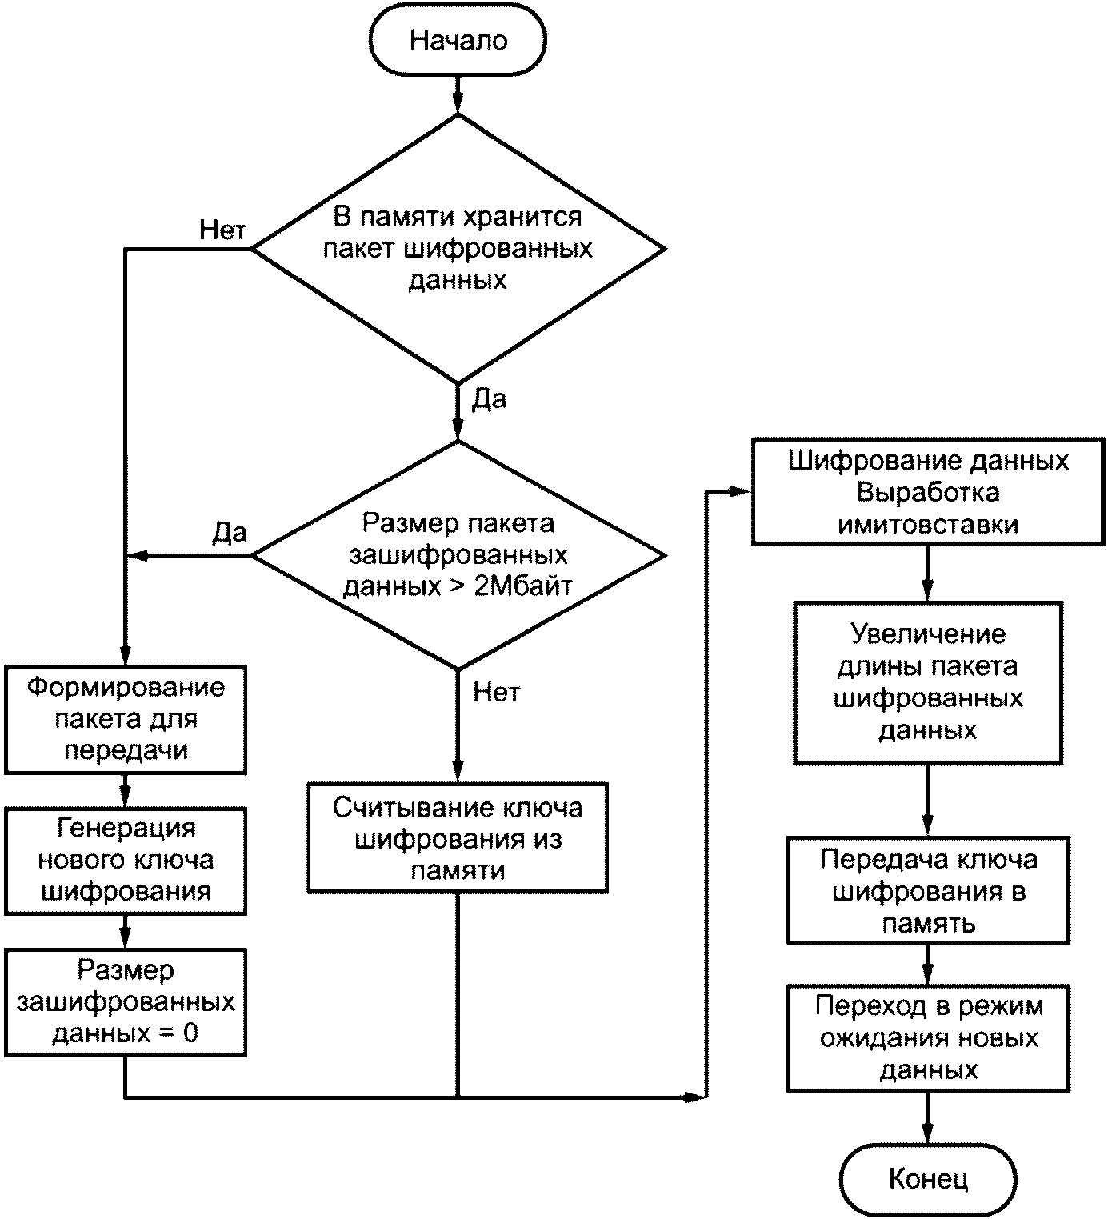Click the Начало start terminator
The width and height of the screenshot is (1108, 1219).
click(458, 40)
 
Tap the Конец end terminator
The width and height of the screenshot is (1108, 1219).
click(927, 1179)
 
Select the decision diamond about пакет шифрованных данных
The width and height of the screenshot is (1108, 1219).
click(458, 249)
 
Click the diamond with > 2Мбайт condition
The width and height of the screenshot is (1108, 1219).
click(458, 555)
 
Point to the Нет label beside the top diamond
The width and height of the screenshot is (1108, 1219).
click(222, 230)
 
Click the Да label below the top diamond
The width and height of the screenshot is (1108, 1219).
click(490, 398)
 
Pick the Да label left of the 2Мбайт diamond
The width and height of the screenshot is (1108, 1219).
click(230, 533)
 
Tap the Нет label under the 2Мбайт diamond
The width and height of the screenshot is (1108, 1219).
click(497, 692)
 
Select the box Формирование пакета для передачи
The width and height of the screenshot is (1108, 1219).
click(126, 720)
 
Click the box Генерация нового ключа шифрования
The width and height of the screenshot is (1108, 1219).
click(126, 861)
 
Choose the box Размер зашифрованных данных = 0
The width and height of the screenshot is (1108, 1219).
click(126, 1003)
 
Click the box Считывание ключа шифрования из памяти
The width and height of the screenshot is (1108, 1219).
click(458, 838)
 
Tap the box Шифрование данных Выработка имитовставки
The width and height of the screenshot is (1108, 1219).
click(927, 492)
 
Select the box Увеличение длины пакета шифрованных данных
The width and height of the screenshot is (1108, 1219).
click(927, 683)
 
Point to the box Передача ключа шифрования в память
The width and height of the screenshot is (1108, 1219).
click(927, 891)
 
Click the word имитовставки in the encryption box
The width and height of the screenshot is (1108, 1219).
click(927, 525)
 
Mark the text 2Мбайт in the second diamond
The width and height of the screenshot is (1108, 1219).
click(522, 586)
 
